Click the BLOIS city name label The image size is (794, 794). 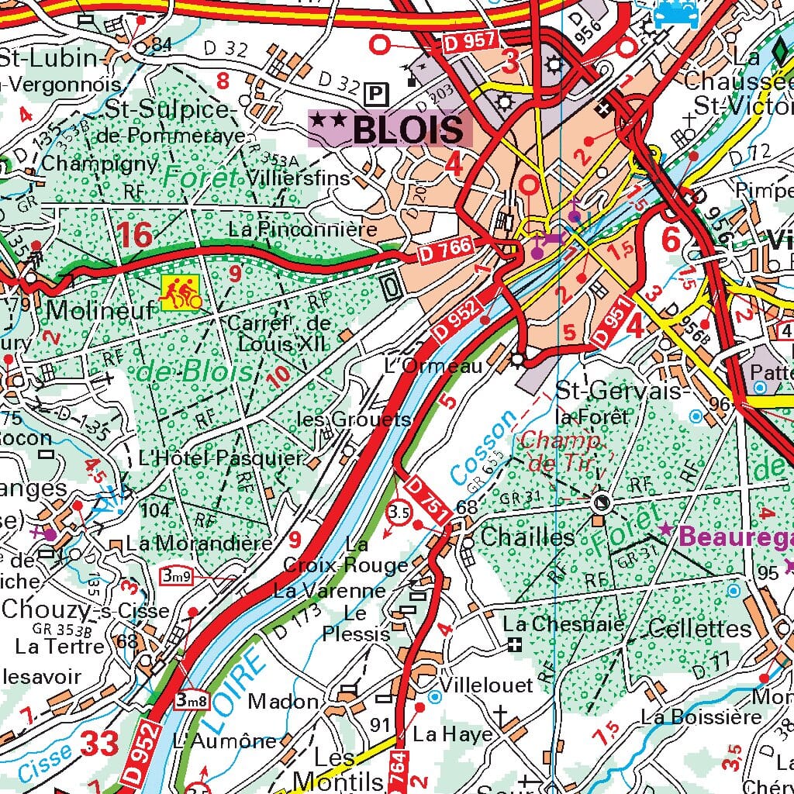click(409, 129)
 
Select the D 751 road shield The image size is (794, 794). click(425, 503)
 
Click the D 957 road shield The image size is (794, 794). click(470, 44)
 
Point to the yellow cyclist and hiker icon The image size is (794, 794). click(179, 292)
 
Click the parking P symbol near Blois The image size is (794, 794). click(376, 94)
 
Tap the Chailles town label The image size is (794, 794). click(527, 537)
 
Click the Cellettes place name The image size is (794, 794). click(699, 628)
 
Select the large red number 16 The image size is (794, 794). click(135, 235)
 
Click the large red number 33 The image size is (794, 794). click(100, 744)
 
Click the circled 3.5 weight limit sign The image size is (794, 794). click(399, 513)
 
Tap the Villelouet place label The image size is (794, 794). click(486, 685)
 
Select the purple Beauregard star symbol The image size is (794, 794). click(665, 530)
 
